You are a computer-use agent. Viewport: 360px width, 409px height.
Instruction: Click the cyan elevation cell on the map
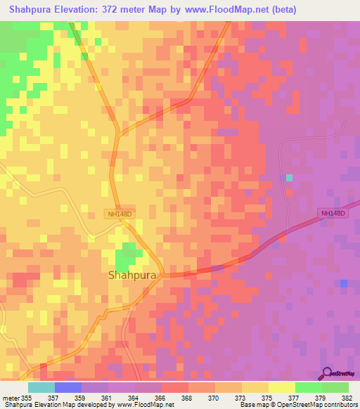[x=289, y=177]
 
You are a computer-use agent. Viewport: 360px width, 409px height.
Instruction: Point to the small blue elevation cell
[x=343, y=283]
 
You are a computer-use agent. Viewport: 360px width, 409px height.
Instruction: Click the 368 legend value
[x=186, y=397]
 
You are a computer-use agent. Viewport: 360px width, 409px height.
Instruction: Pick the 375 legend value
[x=266, y=397]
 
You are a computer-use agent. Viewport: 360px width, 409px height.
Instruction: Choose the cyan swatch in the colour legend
[x=41, y=387]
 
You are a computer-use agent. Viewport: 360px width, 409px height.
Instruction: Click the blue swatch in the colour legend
[x=68, y=387]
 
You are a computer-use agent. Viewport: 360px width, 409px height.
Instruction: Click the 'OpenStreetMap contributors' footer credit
[x=320, y=405]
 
